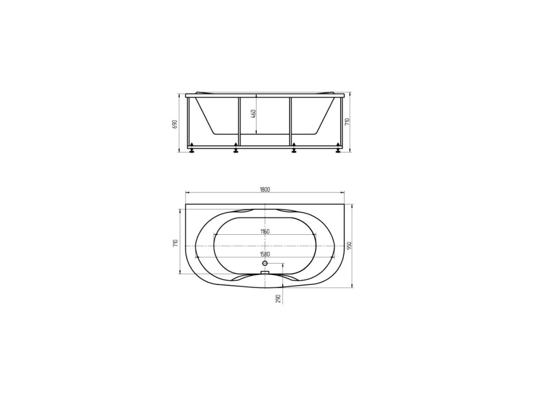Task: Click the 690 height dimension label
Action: pyautogui.click(x=174, y=124)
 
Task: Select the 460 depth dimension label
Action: pyautogui.click(x=254, y=114)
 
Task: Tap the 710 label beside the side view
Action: pyautogui.click(x=347, y=122)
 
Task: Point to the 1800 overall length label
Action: pyautogui.click(x=265, y=189)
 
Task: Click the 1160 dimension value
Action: pyautogui.click(x=265, y=232)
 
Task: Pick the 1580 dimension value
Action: pyautogui.click(x=265, y=254)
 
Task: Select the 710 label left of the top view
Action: pyautogui.click(x=175, y=243)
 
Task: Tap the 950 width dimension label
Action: pyautogui.click(x=349, y=246)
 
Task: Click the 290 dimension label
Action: pyautogui.click(x=278, y=298)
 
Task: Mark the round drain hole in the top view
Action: pyautogui.click(x=265, y=264)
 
